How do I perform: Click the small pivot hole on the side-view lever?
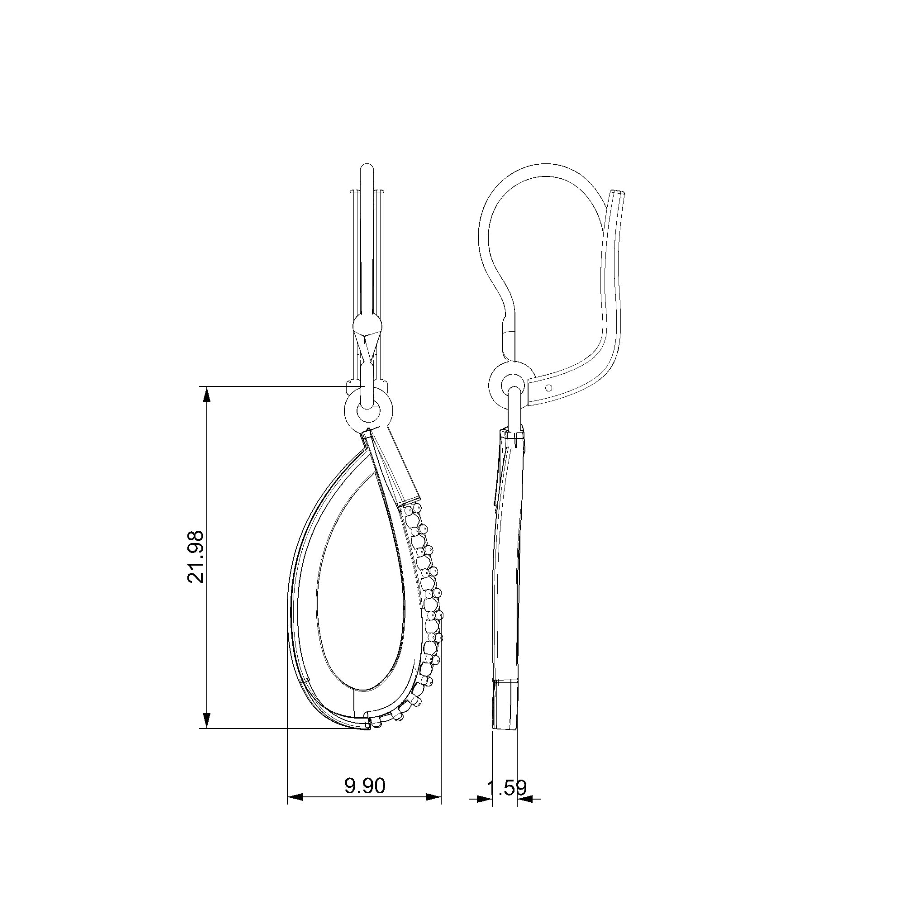coord(549,387)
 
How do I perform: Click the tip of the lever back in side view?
coord(619,192)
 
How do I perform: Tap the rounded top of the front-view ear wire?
coord(367,170)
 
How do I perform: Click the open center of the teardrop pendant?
coord(361,604)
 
